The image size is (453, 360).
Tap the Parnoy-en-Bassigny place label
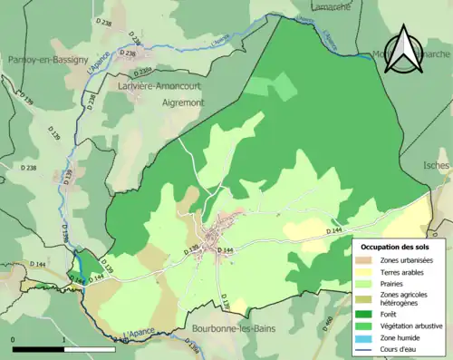[x=43, y=59]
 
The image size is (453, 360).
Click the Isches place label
[x=436, y=165]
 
